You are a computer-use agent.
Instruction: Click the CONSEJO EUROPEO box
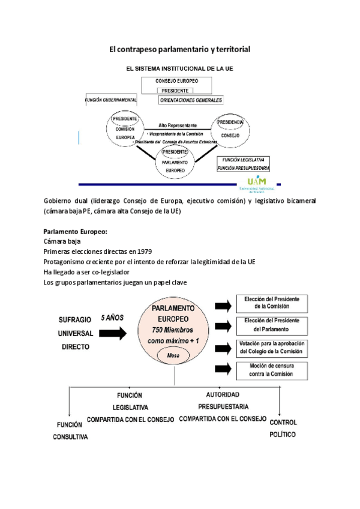(176, 80)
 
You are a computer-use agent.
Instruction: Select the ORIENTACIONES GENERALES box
(191, 100)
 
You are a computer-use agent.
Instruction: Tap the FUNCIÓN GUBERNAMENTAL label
(110, 100)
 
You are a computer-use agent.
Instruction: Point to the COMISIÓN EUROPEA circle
(125, 128)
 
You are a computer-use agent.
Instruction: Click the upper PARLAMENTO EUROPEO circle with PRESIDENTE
(176, 161)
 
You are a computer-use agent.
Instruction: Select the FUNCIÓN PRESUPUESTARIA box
(243, 168)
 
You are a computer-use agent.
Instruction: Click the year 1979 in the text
(143, 251)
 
